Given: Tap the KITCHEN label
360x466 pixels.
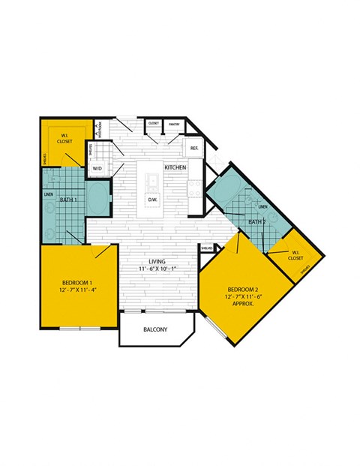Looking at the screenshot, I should pos(175,167).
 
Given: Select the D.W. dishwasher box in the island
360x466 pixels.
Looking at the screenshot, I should pos(153,200).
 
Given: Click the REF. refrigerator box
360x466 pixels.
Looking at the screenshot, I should pos(193,149).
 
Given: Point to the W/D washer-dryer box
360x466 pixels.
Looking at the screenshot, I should pos(97,169).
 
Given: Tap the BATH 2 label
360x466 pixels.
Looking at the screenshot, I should pos(257,222).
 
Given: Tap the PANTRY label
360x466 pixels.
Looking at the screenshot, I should pos(173,123).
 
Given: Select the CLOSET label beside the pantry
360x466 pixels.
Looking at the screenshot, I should pos(154,123).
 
